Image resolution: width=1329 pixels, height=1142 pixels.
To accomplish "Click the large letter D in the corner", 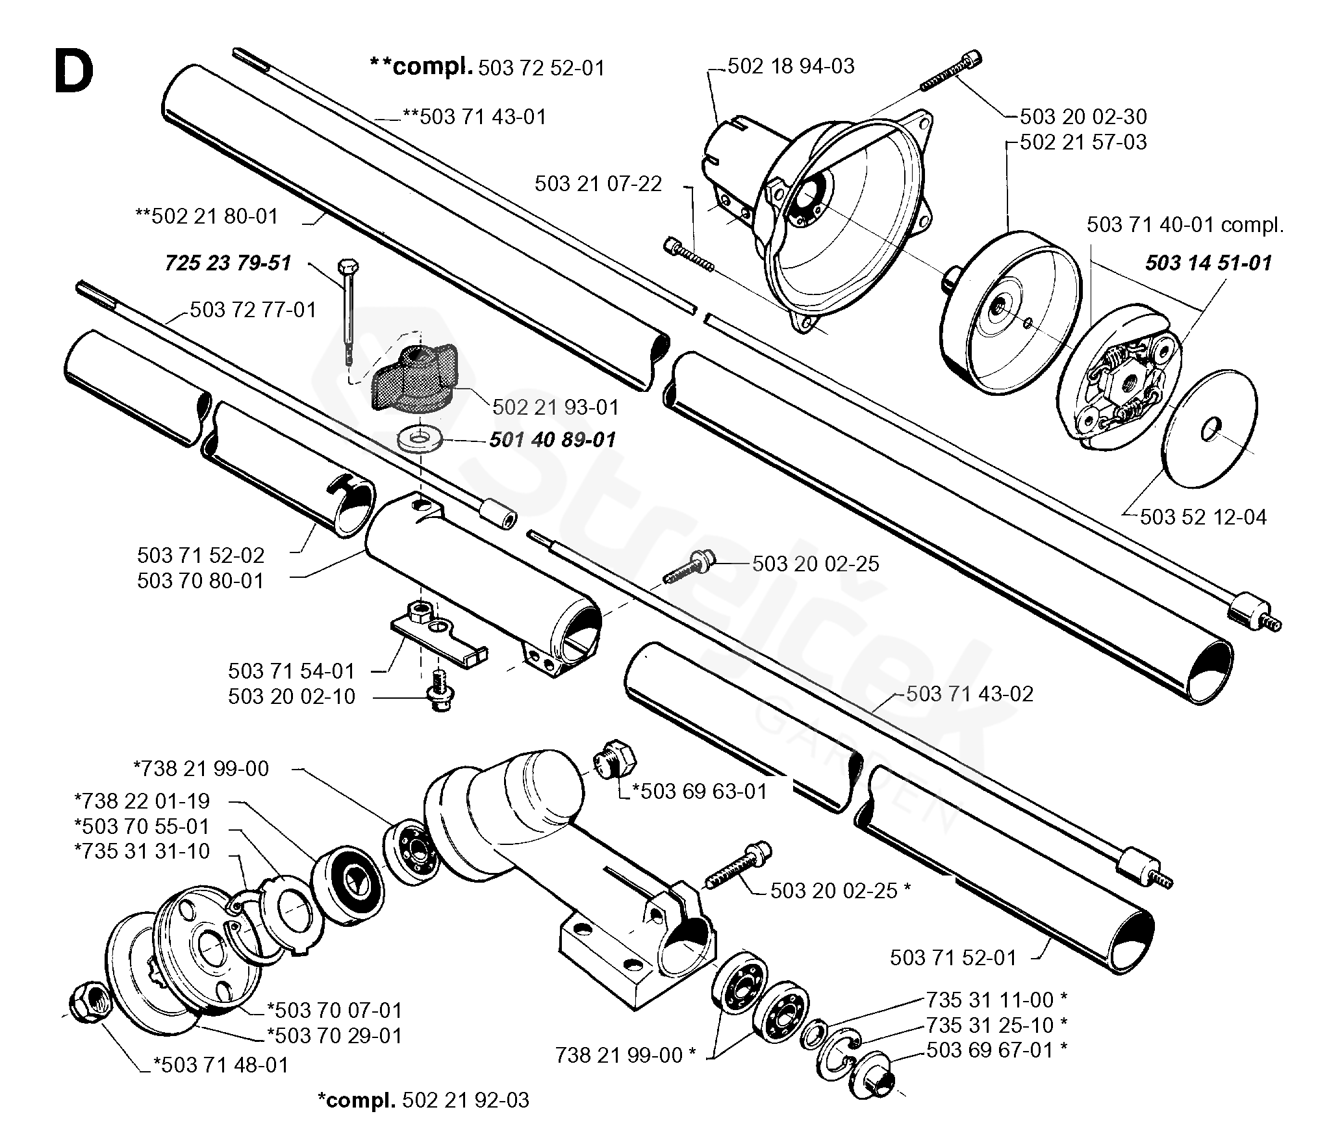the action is [x=73, y=73].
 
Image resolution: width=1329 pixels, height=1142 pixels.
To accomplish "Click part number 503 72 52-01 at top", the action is [x=541, y=68].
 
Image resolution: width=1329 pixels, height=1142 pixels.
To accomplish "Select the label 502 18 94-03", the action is [x=791, y=66].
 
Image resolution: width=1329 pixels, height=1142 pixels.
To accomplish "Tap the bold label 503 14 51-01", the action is [x=1208, y=263].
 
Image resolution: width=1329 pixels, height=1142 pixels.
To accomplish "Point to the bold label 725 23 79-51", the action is [x=228, y=263].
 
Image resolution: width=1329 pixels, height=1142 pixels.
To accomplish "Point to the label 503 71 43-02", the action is [x=970, y=694].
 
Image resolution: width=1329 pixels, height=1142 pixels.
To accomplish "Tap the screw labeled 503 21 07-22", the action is [x=689, y=254].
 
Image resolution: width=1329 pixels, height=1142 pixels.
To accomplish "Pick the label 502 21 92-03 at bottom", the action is [x=466, y=1100].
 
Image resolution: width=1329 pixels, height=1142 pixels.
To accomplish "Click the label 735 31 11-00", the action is [x=989, y=999].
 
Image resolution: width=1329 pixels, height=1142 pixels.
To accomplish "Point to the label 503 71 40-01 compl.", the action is [x=1185, y=225].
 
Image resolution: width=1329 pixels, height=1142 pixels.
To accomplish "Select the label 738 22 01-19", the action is [x=142, y=801].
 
